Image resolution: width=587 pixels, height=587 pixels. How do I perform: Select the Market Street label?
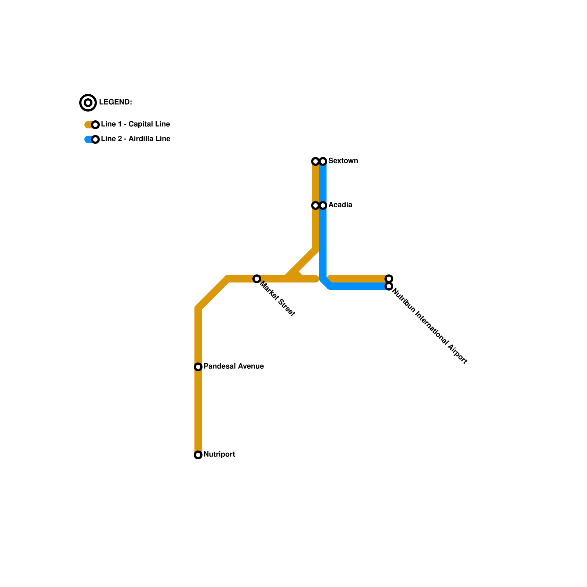point(278,298)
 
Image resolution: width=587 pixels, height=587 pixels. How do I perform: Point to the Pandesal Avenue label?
point(233,367)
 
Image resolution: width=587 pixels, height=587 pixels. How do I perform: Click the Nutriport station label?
point(219,455)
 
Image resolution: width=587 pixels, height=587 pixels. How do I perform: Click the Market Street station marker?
point(257,279)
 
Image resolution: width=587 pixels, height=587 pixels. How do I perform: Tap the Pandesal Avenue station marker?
point(198,367)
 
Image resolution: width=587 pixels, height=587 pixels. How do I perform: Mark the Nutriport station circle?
point(198,455)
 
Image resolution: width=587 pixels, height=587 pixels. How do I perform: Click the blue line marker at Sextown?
point(323,161)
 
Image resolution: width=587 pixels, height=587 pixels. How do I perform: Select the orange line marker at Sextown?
point(316,161)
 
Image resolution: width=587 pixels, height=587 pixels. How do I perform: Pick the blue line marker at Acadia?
point(323,205)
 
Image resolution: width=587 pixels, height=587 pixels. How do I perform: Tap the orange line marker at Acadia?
point(316,205)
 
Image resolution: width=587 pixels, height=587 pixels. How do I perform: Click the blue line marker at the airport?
point(389,286)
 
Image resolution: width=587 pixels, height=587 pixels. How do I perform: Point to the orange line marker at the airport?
point(389,279)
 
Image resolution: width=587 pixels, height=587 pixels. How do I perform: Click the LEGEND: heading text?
point(115,102)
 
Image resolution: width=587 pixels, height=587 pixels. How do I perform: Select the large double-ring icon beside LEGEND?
point(88,103)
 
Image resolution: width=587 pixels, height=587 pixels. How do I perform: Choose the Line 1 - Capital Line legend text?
point(135,124)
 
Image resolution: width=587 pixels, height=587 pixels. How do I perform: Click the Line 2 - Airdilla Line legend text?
point(135,139)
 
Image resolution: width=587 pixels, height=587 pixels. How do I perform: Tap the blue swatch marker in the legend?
point(95,139)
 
